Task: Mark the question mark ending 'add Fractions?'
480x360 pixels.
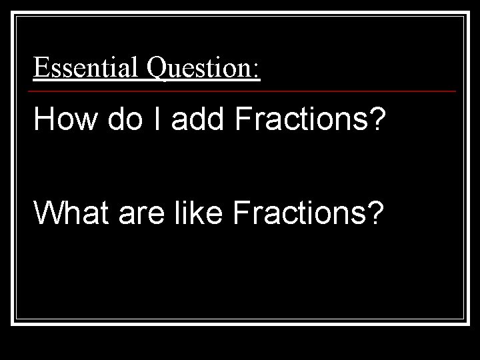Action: click(x=377, y=120)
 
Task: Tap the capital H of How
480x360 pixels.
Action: click(x=44, y=120)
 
